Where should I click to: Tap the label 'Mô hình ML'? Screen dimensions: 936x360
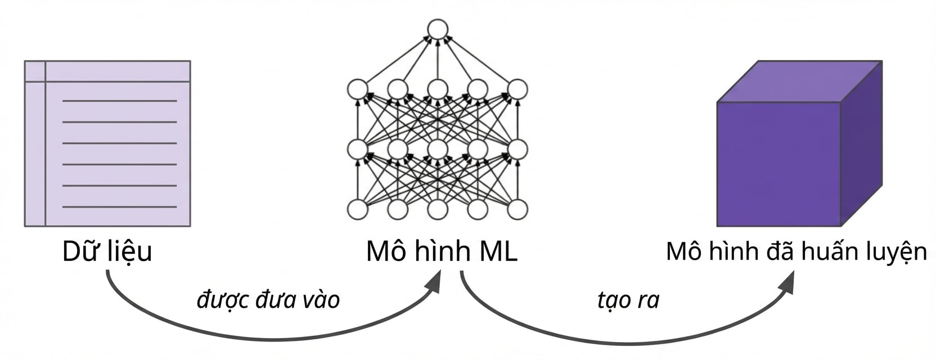click(442, 251)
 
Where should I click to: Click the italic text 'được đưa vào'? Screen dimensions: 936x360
click(268, 300)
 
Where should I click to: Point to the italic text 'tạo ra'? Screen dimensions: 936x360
click(628, 300)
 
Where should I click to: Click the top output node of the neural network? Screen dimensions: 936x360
click(438, 29)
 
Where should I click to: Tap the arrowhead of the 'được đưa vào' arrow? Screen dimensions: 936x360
click(433, 283)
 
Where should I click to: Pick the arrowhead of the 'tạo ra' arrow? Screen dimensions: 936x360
click(786, 283)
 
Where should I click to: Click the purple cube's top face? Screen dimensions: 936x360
click(799, 82)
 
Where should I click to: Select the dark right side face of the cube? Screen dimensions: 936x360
click(861, 143)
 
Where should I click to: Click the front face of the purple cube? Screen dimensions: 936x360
click(778, 164)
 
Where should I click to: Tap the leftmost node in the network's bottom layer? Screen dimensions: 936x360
click(358, 209)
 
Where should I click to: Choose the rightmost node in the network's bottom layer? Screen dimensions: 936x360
click(517, 209)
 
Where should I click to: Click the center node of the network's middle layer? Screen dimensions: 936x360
click(438, 149)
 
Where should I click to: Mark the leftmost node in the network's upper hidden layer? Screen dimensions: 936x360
click(358, 89)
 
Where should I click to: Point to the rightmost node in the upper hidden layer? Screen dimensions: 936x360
click(517, 89)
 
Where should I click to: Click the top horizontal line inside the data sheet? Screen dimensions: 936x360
click(119, 101)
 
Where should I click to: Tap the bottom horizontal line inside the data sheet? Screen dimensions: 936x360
click(119, 207)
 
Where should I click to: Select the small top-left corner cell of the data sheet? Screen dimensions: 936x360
click(35, 71)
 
